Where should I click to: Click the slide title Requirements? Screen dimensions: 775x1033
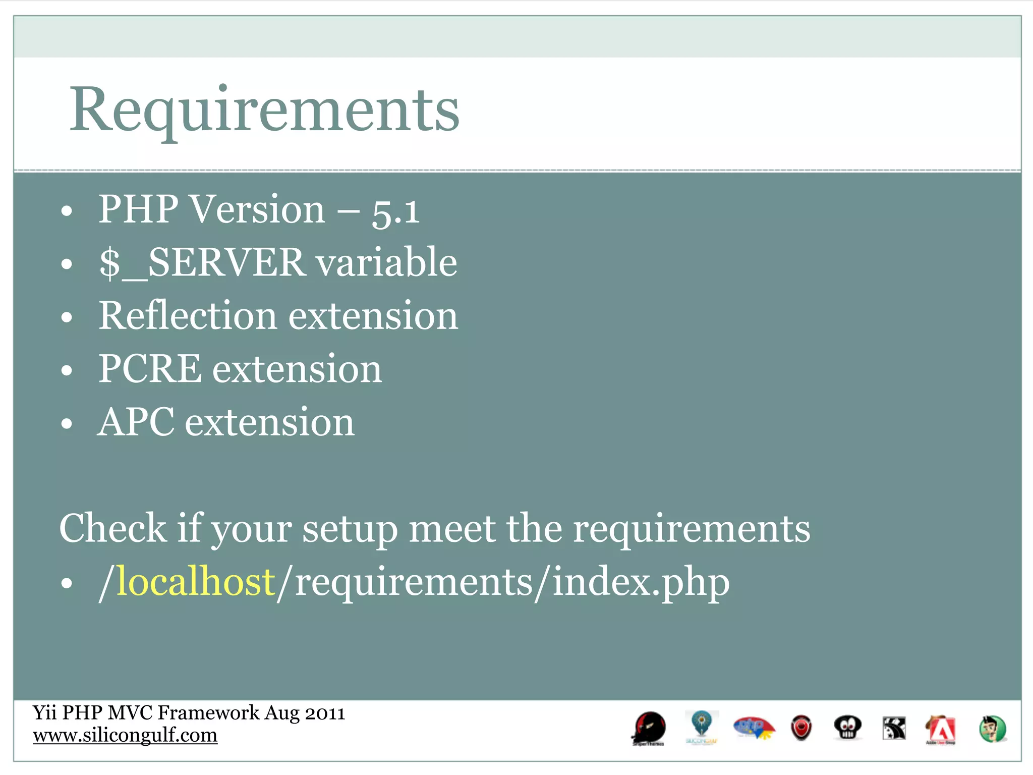click(x=264, y=110)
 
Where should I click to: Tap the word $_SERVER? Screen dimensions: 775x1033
click(x=202, y=263)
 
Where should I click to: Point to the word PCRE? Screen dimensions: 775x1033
click(x=150, y=369)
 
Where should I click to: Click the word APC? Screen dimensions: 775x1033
click(x=136, y=422)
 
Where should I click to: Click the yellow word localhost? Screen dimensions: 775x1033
click(x=196, y=582)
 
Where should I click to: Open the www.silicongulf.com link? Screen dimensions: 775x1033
click(x=125, y=735)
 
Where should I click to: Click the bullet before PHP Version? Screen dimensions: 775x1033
click(x=67, y=211)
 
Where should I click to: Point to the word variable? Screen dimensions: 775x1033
click(x=386, y=263)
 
